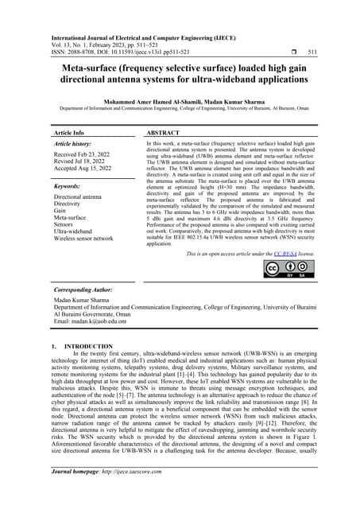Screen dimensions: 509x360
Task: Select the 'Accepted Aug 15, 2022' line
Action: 87,171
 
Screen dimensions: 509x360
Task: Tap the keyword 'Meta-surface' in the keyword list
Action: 70,216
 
